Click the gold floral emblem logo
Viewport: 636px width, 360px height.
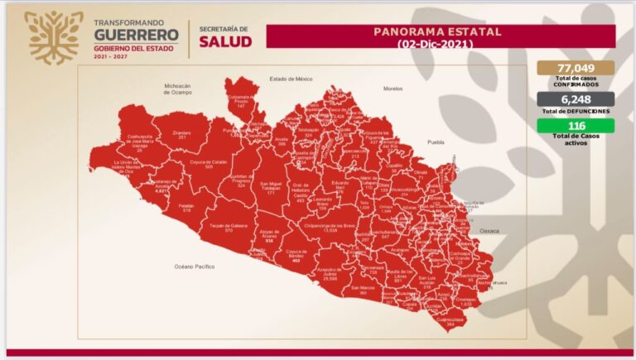(x=54, y=36)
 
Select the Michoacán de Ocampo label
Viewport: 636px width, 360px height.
(x=178, y=89)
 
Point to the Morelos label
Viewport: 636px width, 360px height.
(x=392, y=88)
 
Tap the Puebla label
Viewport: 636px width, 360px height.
(x=436, y=142)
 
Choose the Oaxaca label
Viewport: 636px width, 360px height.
(x=489, y=231)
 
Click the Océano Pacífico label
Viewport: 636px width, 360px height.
(x=195, y=266)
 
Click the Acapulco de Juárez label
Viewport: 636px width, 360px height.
(x=335, y=274)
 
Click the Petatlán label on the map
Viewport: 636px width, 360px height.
(x=187, y=206)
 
